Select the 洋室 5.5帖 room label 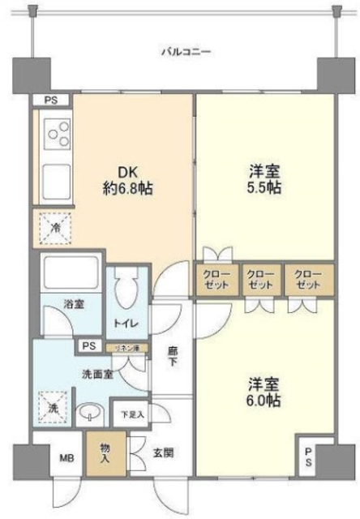[x=265, y=181]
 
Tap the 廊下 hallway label [x=172, y=358]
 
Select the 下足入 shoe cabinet [x=128, y=415]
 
